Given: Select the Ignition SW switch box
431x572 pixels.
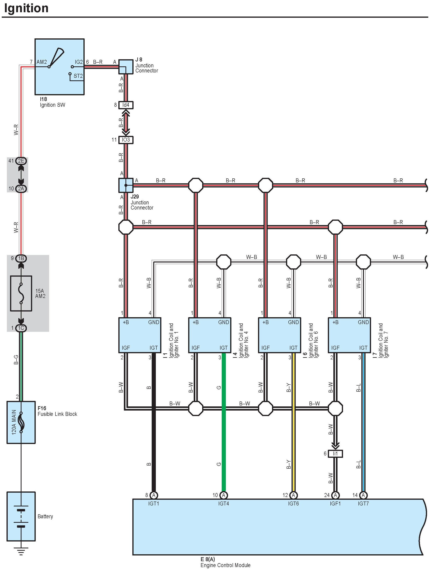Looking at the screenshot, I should [59, 67].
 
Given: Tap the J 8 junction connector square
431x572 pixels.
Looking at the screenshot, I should [126, 67].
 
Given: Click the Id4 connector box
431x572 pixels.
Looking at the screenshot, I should [126, 105].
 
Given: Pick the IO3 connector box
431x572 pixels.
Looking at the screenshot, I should [126, 140].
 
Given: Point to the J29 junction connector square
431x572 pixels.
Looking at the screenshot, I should [126, 185].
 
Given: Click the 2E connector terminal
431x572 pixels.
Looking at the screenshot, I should [21, 161].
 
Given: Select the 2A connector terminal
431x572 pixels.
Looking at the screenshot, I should [21, 188].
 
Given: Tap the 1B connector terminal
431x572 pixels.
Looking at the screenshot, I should [21, 258].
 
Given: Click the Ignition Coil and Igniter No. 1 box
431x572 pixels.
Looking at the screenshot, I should [140, 335].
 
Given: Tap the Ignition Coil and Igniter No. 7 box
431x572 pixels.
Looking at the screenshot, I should [349, 335].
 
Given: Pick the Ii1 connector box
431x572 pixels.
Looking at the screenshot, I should [335, 454].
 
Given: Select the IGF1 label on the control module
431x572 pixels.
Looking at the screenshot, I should [335, 503].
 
